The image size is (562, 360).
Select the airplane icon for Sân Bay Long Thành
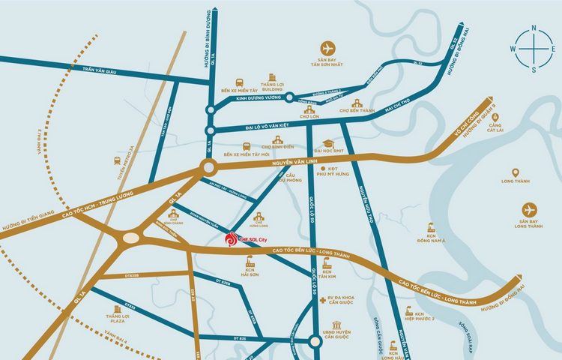[x=530, y=209]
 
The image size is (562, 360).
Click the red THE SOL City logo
[x=232, y=239]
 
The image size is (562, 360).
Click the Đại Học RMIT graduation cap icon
[x=327, y=143]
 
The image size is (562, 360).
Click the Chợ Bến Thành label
[x=356, y=111]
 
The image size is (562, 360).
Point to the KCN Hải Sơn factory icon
[x=251, y=265]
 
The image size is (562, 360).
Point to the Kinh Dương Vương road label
[x=258, y=97]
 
